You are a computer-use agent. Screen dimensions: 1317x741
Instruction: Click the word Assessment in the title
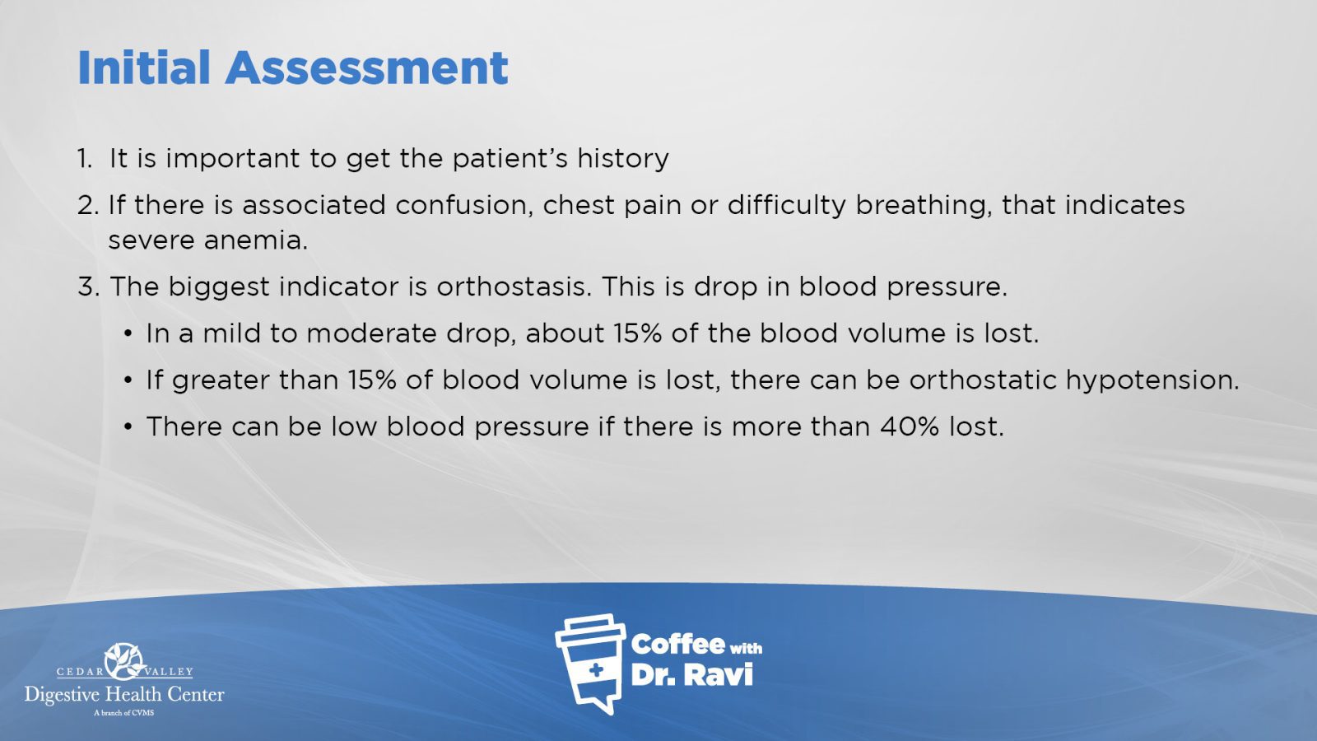click(367, 68)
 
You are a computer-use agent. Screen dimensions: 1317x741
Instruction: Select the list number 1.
click(85, 158)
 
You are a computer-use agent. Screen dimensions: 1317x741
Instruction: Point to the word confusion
click(464, 206)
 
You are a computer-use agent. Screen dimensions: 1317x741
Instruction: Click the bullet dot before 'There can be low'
click(128, 427)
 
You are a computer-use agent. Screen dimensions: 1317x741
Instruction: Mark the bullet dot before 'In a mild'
click(128, 334)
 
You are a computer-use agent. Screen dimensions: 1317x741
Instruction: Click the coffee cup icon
click(590, 664)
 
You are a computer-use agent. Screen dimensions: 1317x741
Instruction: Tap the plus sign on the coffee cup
click(596, 670)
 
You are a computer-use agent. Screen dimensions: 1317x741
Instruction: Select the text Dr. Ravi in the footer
click(692, 675)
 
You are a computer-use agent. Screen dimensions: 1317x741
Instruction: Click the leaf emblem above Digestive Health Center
click(124, 661)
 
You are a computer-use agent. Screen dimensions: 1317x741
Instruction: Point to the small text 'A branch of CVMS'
click(124, 713)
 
